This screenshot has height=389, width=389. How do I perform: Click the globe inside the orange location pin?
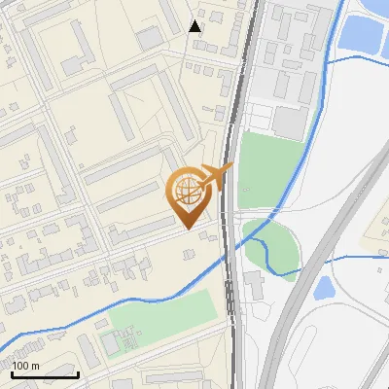coord(186,191)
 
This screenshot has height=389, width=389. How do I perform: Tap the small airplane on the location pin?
coord(217,175)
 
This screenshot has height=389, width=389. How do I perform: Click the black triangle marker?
coord(195,26)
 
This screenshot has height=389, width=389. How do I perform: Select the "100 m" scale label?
coord(25,366)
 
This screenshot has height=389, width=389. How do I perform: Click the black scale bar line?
coord(45,374)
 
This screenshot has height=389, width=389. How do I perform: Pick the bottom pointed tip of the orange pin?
coord(186,229)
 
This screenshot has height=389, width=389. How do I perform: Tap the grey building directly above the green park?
coord(288,123)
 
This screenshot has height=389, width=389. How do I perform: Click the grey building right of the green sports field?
coord(253,286)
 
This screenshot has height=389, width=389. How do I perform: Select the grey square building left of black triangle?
coord(149,38)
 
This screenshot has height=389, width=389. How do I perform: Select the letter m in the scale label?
coord(34,366)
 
